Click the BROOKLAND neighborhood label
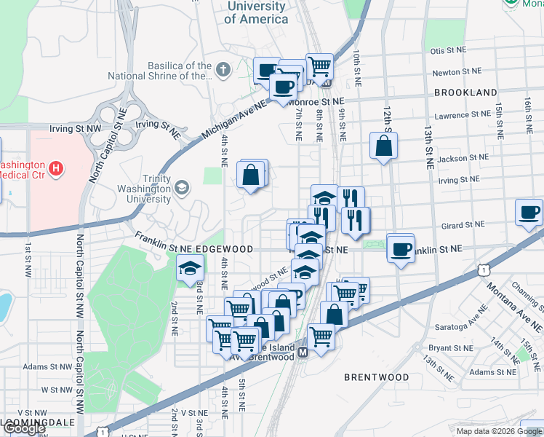click(x=465, y=92)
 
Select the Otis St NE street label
click(x=447, y=51)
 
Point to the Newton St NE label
click(x=456, y=73)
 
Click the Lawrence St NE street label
click(x=462, y=115)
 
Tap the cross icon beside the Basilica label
click(x=223, y=70)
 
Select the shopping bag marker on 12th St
click(x=383, y=146)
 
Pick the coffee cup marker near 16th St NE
click(x=529, y=212)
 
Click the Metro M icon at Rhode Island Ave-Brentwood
click(x=303, y=351)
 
